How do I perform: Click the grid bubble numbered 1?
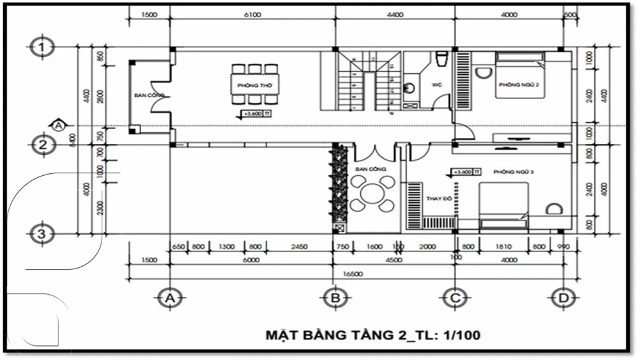tap(42, 47)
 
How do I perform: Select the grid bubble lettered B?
tap(334, 298)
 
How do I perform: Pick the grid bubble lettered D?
tap(562, 298)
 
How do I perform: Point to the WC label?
tap(437, 84)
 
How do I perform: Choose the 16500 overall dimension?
tap(352, 274)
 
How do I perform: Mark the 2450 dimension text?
tap(299, 246)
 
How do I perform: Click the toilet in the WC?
tap(440, 59)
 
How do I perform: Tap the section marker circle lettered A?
tap(58, 125)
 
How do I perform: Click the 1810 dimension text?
tap(505, 246)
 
